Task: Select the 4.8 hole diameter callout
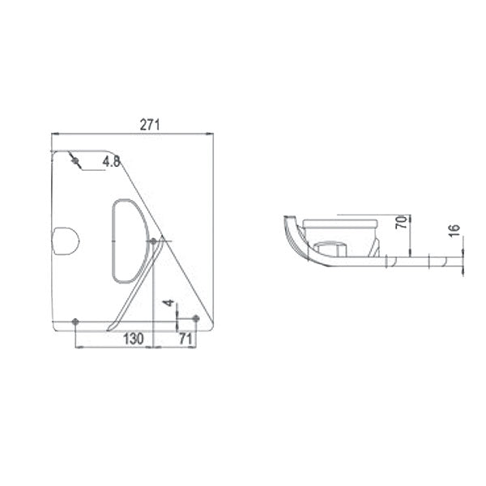point(111,162)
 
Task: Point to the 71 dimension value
point(185,339)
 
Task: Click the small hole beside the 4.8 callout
point(76,161)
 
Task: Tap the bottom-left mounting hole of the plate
point(75,322)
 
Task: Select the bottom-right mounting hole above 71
point(195,319)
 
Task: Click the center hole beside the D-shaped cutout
point(153,241)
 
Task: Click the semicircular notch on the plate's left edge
point(63,241)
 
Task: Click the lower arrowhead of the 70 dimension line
point(412,253)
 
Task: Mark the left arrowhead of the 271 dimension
point(53,134)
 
